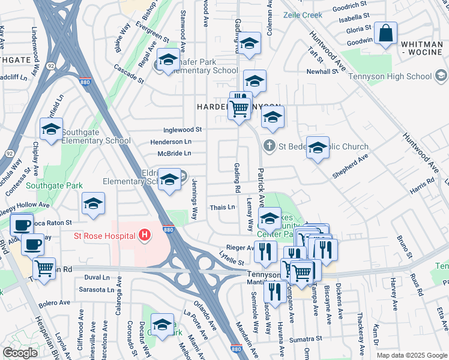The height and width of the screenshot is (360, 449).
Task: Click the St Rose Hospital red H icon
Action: (x=144, y=236)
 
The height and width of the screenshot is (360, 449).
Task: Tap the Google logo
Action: (x=20, y=353)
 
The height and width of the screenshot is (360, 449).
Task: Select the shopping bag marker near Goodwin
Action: (x=385, y=34)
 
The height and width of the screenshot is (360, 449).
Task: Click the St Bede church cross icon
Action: (x=270, y=145)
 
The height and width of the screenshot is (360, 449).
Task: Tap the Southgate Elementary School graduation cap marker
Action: (x=52, y=129)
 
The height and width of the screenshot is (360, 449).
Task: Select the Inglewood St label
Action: (x=182, y=130)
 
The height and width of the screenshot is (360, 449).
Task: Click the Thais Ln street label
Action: (x=223, y=207)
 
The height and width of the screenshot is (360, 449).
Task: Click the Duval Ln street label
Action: (x=97, y=277)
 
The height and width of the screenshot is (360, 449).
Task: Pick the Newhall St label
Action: (x=323, y=71)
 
